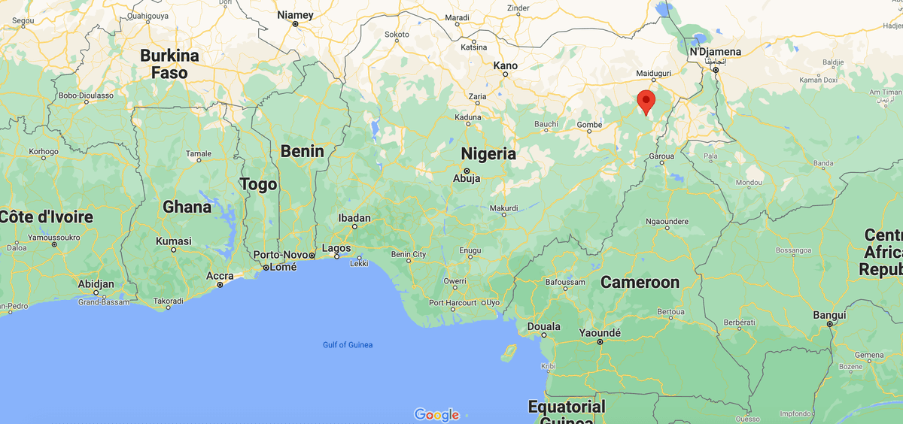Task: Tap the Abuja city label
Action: click(467, 179)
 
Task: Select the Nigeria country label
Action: click(488, 154)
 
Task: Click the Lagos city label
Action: click(336, 248)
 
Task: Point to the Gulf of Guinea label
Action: click(348, 345)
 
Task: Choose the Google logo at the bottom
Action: click(436, 414)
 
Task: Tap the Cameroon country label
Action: click(640, 283)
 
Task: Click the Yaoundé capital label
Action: click(600, 333)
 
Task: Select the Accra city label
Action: click(220, 275)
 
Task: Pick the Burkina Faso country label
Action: click(170, 64)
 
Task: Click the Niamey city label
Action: click(295, 15)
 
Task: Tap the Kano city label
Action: click(505, 66)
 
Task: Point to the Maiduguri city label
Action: click(653, 74)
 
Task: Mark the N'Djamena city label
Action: click(715, 52)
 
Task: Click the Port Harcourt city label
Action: click(452, 302)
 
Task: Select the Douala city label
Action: click(544, 327)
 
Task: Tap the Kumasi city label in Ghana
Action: click(173, 241)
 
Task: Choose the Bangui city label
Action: click(829, 315)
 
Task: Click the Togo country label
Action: click(258, 184)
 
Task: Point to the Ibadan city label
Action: click(354, 219)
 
